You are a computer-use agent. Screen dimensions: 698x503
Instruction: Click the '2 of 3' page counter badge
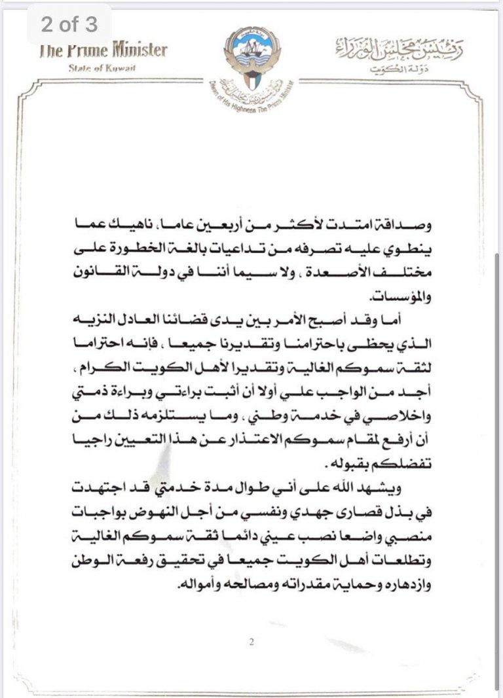[x=69, y=25]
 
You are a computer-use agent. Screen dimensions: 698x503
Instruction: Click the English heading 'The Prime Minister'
[x=103, y=50]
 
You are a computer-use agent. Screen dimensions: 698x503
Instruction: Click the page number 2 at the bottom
[x=251, y=641]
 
